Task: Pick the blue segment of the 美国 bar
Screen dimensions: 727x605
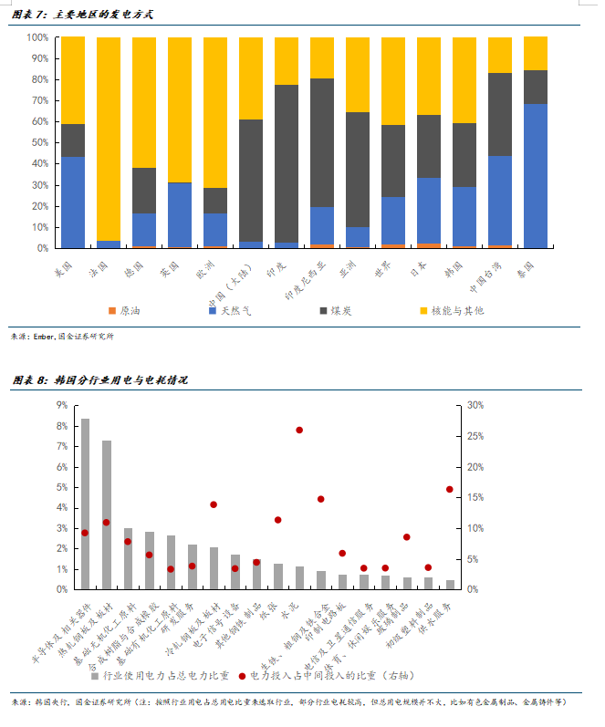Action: pyautogui.click(x=73, y=202)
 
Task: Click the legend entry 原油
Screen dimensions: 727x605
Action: pyautogui.click(x=124, y=311)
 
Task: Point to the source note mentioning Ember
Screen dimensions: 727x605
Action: pyautogui.click(x=63, y=336)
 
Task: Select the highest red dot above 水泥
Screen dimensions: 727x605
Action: pyautogui.click(x=298, y=430)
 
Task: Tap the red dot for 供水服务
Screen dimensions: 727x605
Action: pyautogui.click(x=449, y=489)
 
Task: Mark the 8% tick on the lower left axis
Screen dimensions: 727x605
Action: pyautogui.click(x=61, y=426)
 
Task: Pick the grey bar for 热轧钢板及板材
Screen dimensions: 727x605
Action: pyautogui.click(x=107, y=514)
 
